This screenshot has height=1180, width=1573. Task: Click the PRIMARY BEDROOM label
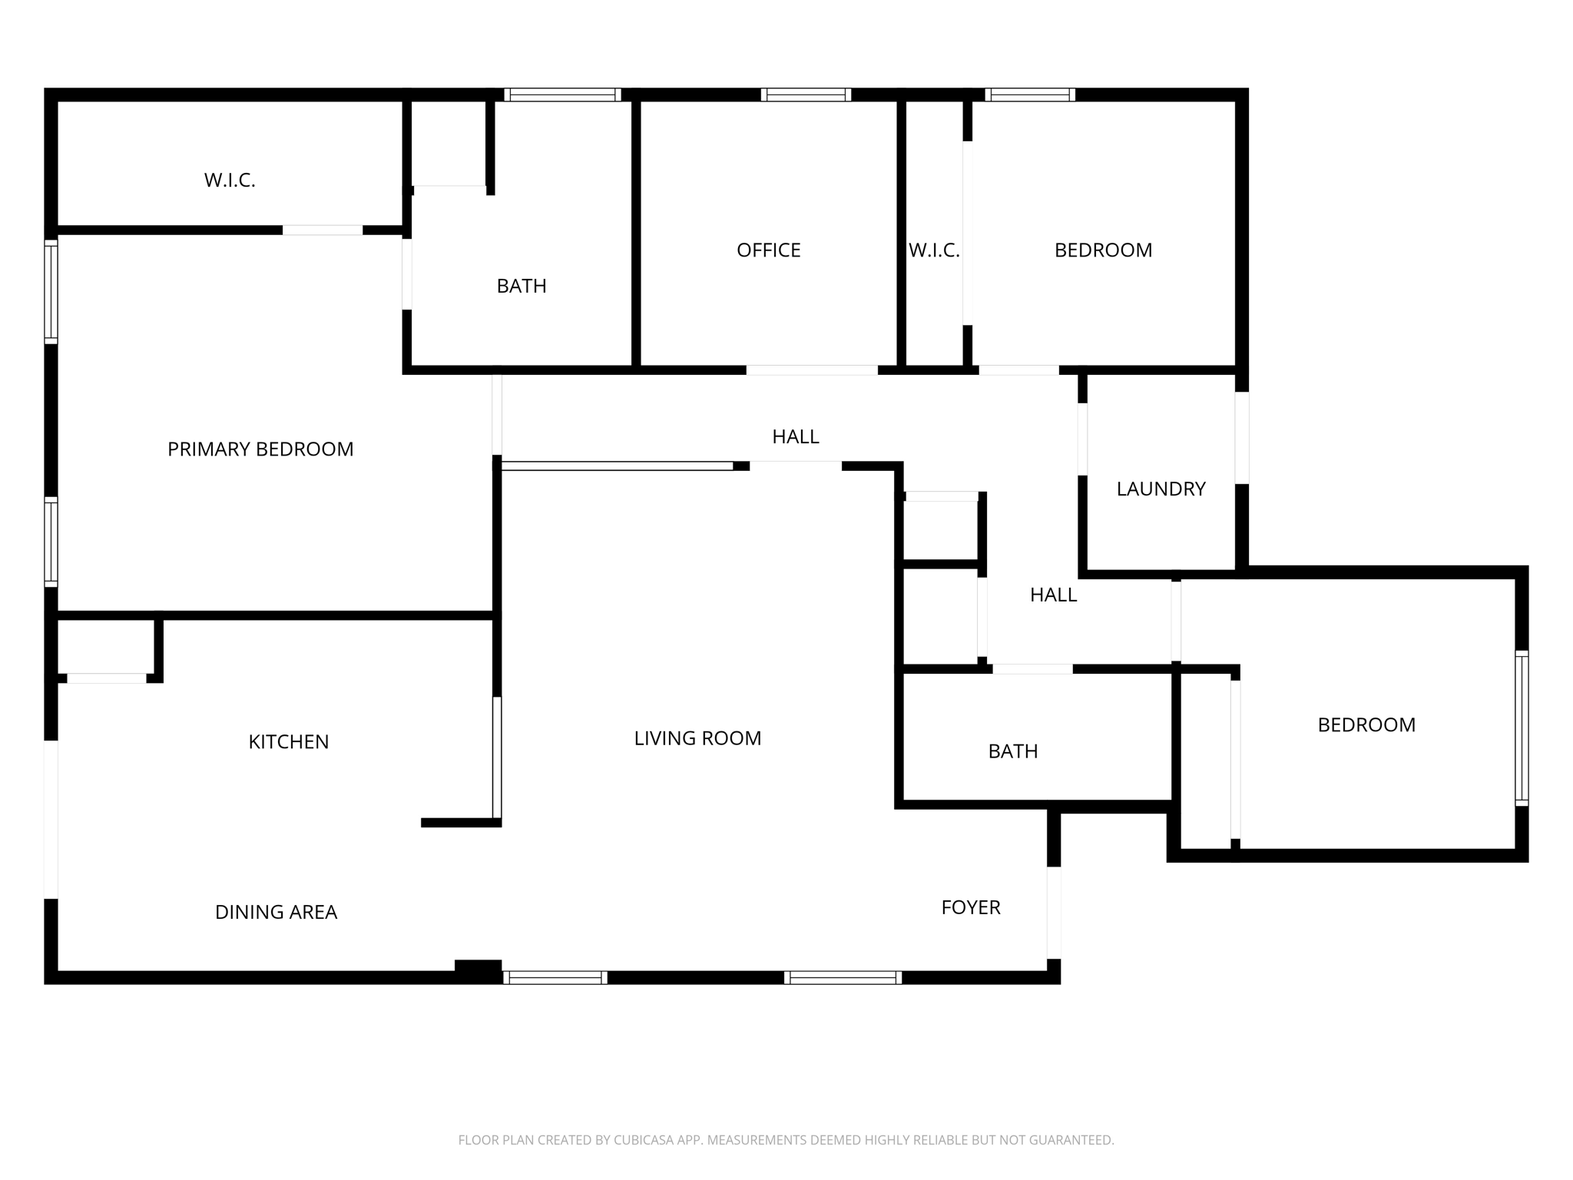pyautogui.click(x=260, y=449)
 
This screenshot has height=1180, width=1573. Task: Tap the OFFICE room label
pyautogui.click(x=768, y=250)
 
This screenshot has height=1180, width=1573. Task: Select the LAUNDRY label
pyautogui.click(x=1161, y=489)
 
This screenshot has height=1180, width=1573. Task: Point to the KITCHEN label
pyautogui.click(x=288, y=742)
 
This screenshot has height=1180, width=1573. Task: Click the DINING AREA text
pyautogui.click(x=276, y=913)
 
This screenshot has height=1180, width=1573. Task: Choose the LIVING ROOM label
pyautogui.click(x=697, y=739)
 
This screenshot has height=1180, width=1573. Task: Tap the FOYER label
pyautogui.click(x=971, y=908)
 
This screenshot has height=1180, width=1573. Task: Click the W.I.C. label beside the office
pyautogui.click(x=934, y=250)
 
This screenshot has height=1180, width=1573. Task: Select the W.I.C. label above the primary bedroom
pyautogui.click(x=230, y=181)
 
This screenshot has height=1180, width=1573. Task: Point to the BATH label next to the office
pyautogui.click(x=522, y=287)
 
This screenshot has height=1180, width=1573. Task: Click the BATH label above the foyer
pyautogui.click(x=1013, y=751)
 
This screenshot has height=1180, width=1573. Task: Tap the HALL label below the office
pyautogui.click(x=796, y=437)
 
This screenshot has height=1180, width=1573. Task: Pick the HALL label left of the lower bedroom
pyautogui.click(x=1053, y=595)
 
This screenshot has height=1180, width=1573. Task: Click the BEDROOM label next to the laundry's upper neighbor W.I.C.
pyautogui.click(x=1103, y=250)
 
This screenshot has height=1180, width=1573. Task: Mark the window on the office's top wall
pyautogui.click(x=806, y=95)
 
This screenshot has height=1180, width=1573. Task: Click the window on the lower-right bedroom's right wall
pyautogui.click(x=1522, y=728)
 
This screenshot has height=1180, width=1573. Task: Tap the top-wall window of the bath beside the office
pyautogui.click(x=562, y=95)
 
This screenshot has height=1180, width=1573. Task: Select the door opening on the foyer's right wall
pyautogui.click(x=1054, y=913)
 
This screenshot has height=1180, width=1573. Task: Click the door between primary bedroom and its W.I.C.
pyautogui.click(x=323, y=230)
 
